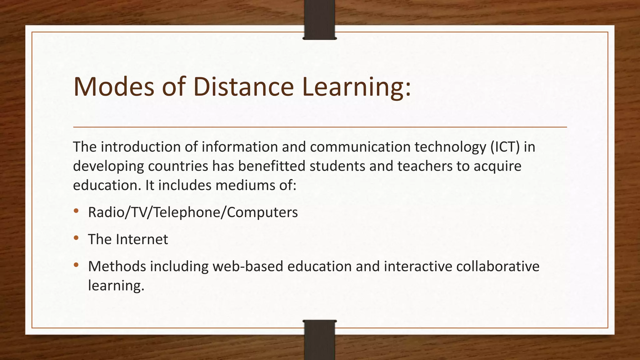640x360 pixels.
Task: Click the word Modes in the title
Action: point(114,87)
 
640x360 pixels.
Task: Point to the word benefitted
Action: point(272,166)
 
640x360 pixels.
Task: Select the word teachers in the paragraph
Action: point(425,166)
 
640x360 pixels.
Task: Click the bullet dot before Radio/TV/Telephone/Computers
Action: point(76,211)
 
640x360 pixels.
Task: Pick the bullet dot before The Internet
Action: point(76,238)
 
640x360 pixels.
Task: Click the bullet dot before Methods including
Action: point(76,265)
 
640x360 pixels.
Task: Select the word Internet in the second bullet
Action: point(142,239)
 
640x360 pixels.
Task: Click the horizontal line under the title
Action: point(320,127)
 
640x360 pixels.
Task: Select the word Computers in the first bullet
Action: point(262,212)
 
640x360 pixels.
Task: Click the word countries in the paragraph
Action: point(178,166)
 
